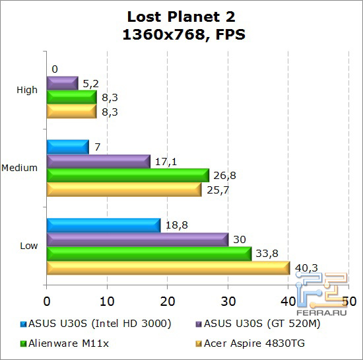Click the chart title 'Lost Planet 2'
[181, 17]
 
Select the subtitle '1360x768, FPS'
[181, 34]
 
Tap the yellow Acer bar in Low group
[168, 268]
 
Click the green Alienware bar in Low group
[148, 254]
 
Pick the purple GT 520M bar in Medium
[98, 161]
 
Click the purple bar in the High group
[62, 83]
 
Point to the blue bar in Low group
[103, 225]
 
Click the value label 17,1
[164, 161]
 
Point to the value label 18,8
[176, 225]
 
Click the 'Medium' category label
[20, 168]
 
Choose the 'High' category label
[27, 90]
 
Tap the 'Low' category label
[28, 246]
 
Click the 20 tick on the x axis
[168, 301]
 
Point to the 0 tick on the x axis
[46, 301]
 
